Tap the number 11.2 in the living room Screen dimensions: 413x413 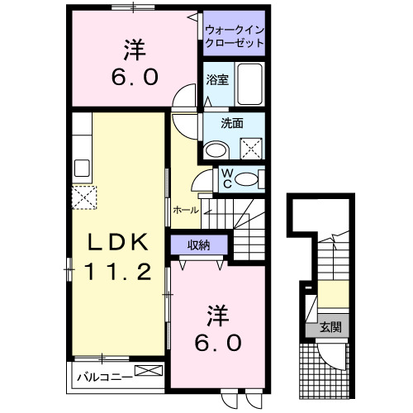pyautogui.click(x=120, y=271)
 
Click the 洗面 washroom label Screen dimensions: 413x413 pyautogui.click(x=231, y=124)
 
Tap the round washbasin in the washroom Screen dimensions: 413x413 pyautogui.click(x=216, y=150)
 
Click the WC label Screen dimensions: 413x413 pyautogui.click(x=225, y=178)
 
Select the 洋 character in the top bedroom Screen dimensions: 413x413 pyautogui.click(x=134, y=50)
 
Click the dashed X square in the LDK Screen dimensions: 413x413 pyautogui.click(x=84, y=198)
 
